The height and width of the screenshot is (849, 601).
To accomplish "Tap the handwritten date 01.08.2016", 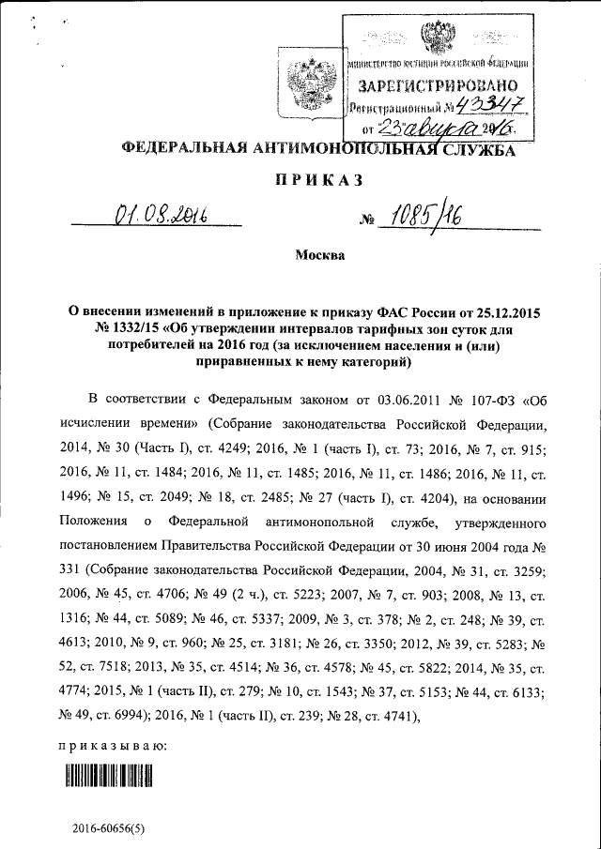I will pos(159,218).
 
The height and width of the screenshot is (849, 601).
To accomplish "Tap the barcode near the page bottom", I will pos(109,775).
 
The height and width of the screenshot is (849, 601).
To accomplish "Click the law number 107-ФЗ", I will pos(488,398).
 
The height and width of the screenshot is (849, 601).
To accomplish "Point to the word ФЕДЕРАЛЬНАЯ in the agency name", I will pos(178,148).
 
